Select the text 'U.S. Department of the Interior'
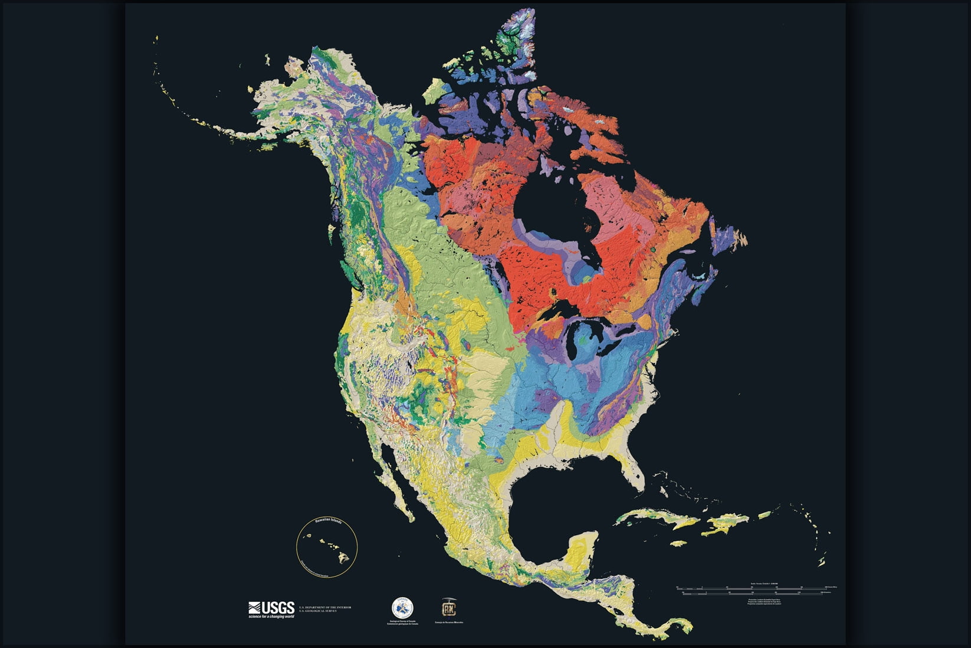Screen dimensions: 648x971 coord(324,607)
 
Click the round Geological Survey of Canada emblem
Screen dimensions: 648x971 coord(402,607)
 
